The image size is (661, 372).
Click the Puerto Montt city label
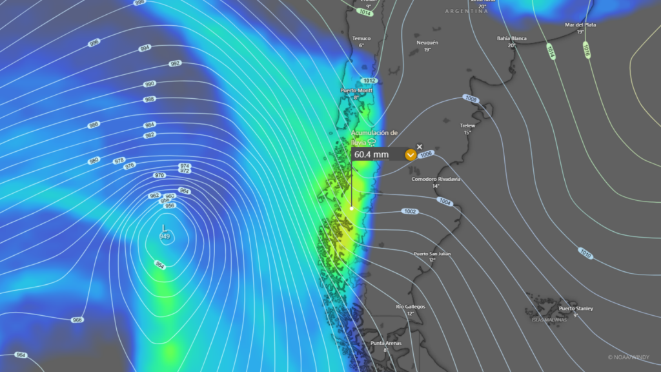[x=357, y=90]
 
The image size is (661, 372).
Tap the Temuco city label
[x=361, y=38]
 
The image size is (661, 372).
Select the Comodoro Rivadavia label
[x=436, y=179]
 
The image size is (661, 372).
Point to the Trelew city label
[x=467, y=125]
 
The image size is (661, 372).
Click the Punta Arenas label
[x=385, y=343]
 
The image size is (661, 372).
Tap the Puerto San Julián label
[x=432, y=254]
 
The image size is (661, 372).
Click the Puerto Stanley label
[x=576, y=309]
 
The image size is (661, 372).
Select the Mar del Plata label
[x=580, y=25]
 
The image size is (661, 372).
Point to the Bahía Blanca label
[x=511, y=38]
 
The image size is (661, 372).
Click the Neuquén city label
[x=427, y=43]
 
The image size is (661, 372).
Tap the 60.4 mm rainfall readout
[x=371, y=155]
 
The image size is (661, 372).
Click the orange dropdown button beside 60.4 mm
[x=410, y=155]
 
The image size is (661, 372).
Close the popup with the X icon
[x=420, y=147]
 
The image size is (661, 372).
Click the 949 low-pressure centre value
[x=165, y=236]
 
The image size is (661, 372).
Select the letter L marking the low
[x=165, y=228]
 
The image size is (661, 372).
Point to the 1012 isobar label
[x=369, y=81]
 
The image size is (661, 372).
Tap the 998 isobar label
[x=139, y=3]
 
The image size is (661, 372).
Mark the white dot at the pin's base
[x=352, y=208]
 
